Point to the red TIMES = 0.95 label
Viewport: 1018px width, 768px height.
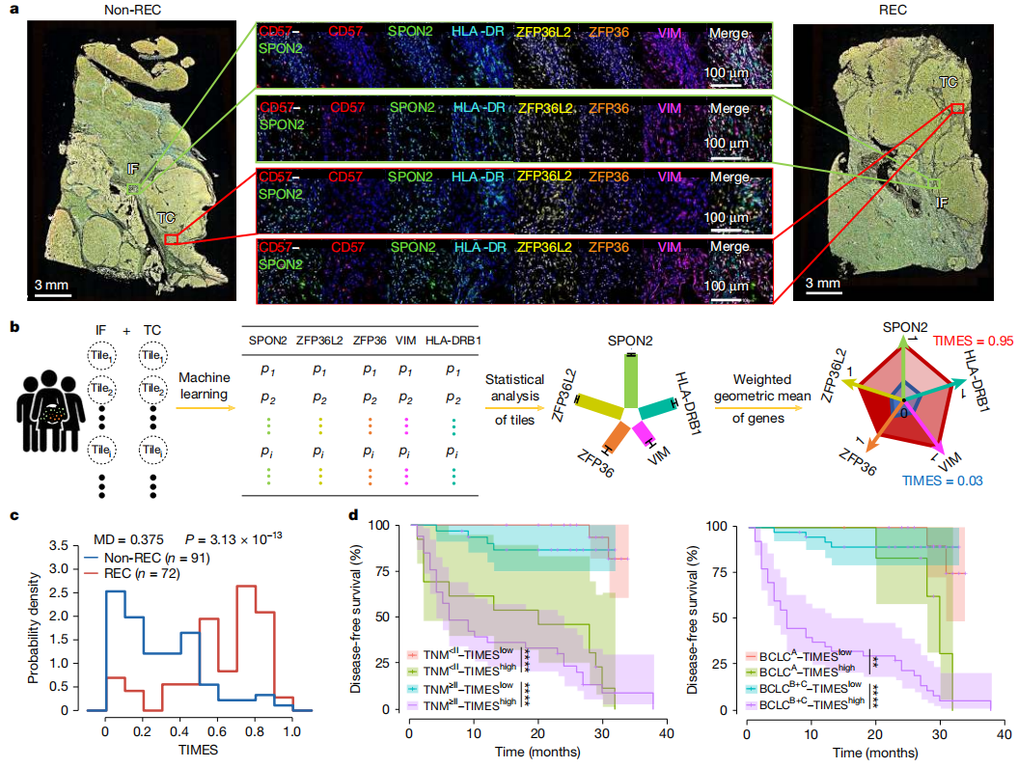964,341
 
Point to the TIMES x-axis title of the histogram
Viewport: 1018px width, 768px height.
198,749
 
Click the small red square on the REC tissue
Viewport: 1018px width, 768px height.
957,109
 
